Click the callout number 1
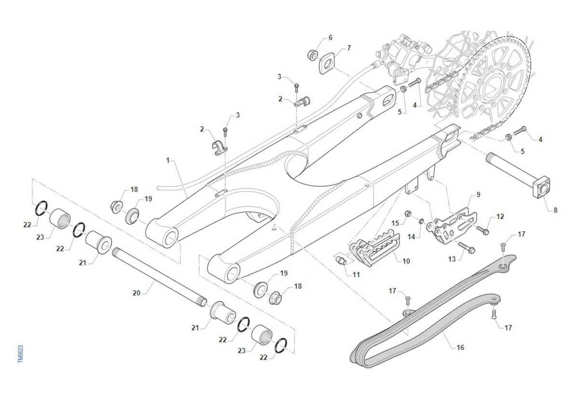click(168, 161)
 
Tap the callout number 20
click(136, 293)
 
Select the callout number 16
click(460, 348)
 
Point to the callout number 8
click(555, 211)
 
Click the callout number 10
click(406, 261)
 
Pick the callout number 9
click(478, 195)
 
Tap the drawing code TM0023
click(21, 354)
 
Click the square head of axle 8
click(541, 187)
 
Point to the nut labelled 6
click(313, 55)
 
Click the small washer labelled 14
click(421, 221)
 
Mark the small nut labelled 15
click(408, 214)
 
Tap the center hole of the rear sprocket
click(493, 87)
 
